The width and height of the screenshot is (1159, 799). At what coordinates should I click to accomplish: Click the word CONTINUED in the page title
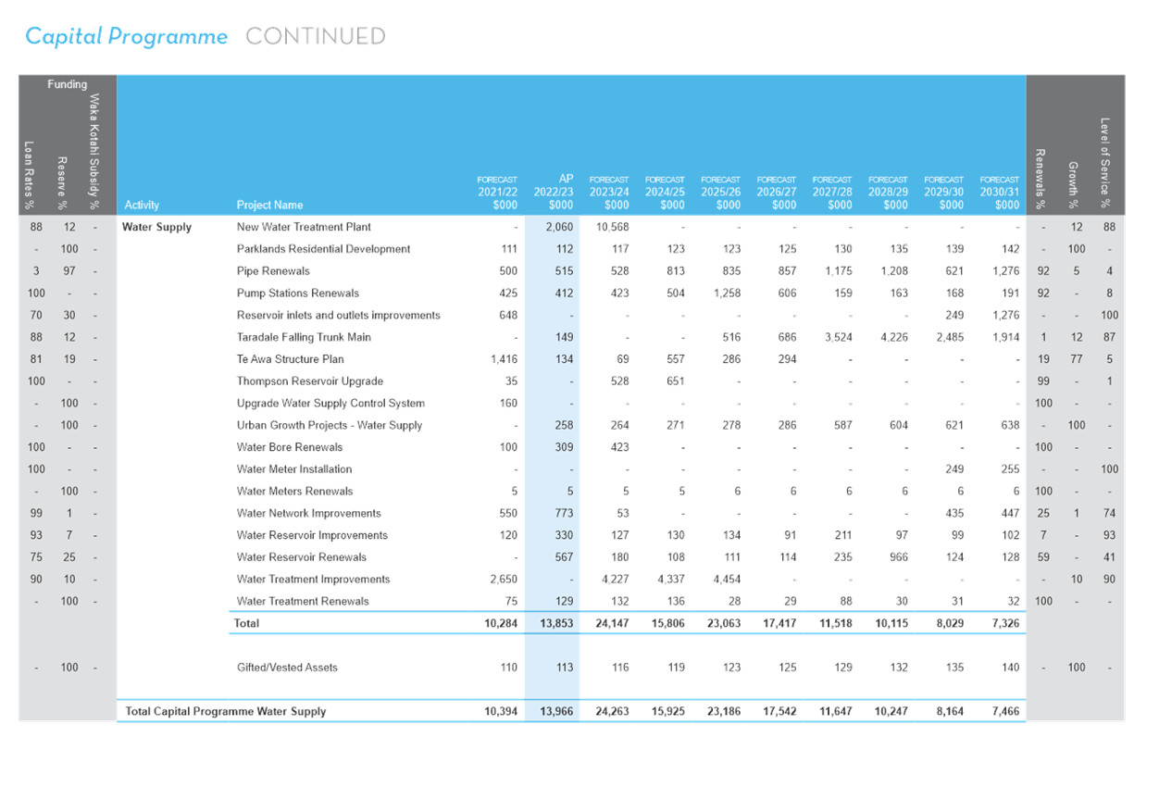point(316,36)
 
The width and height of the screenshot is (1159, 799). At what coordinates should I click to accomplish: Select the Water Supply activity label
point(156,227)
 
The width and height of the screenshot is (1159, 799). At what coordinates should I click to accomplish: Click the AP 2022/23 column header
point(554,192)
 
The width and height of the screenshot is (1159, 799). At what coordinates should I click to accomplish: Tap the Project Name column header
point(269,205)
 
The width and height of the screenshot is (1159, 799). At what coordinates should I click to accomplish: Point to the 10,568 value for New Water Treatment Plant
point(612,227)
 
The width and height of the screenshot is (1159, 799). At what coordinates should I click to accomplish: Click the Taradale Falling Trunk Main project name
point(304,337)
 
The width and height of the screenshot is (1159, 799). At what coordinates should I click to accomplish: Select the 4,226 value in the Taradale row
point(894,337)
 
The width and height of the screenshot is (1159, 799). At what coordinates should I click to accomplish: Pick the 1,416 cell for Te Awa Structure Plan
point(504,359)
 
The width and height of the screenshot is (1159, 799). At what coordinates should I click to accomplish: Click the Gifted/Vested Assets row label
point(287,668)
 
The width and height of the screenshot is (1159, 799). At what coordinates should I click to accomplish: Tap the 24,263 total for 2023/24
point(612,712)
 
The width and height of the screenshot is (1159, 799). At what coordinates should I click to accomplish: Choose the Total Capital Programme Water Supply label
point(226,712)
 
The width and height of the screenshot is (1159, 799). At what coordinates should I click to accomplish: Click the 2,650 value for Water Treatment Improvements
point(504,580)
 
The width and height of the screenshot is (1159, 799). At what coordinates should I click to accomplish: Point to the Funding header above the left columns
point(68,84)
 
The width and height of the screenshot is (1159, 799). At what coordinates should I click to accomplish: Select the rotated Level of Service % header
point(1105,163)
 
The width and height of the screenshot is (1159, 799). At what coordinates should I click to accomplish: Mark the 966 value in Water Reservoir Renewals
point(899,557)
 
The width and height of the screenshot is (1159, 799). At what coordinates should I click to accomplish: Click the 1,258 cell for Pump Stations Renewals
point(727,293)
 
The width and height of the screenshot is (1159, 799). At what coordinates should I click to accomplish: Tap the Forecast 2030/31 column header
point(1000,193)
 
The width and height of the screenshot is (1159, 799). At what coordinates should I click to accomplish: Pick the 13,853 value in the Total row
point(556,624)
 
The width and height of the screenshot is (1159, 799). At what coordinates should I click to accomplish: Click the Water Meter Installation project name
point(294,469)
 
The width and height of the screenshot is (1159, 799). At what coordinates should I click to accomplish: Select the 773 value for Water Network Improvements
point(564,513)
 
